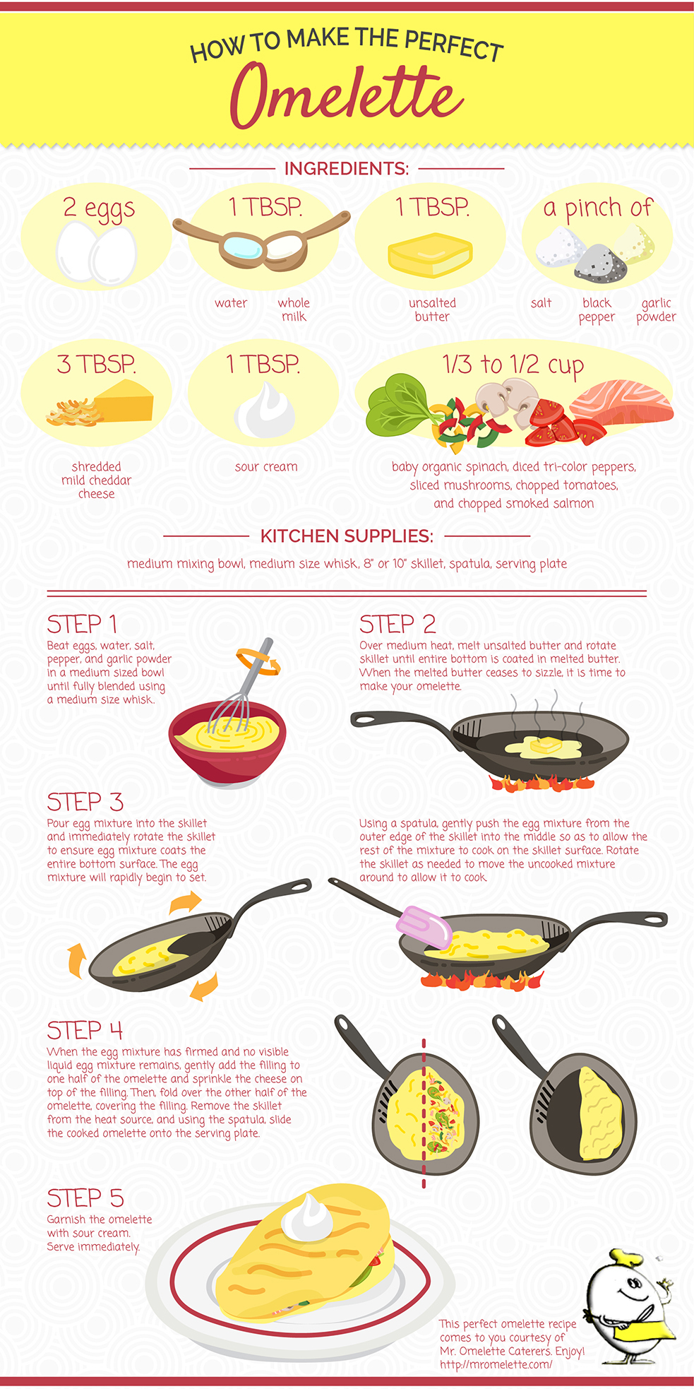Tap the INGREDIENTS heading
point(346,169)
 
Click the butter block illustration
point(430,256)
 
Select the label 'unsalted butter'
point(432,309)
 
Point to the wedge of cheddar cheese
point(124,400)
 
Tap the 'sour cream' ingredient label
point(266,466)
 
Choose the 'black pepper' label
point(597,309)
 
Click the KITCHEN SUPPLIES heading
point(347,536)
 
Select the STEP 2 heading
point(397,624)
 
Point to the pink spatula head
point(424,926)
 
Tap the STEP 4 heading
point(85,1031)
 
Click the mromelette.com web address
point(496,1364)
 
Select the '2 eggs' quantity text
point(99,208)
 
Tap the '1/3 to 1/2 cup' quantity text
point(513,365)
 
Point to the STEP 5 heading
point(85,1198)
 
